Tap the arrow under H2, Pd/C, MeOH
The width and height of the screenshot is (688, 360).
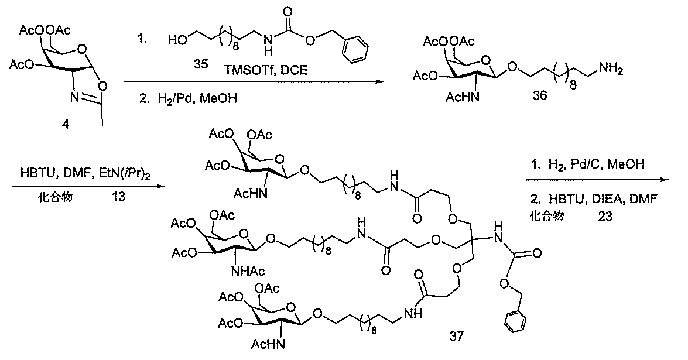600,183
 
